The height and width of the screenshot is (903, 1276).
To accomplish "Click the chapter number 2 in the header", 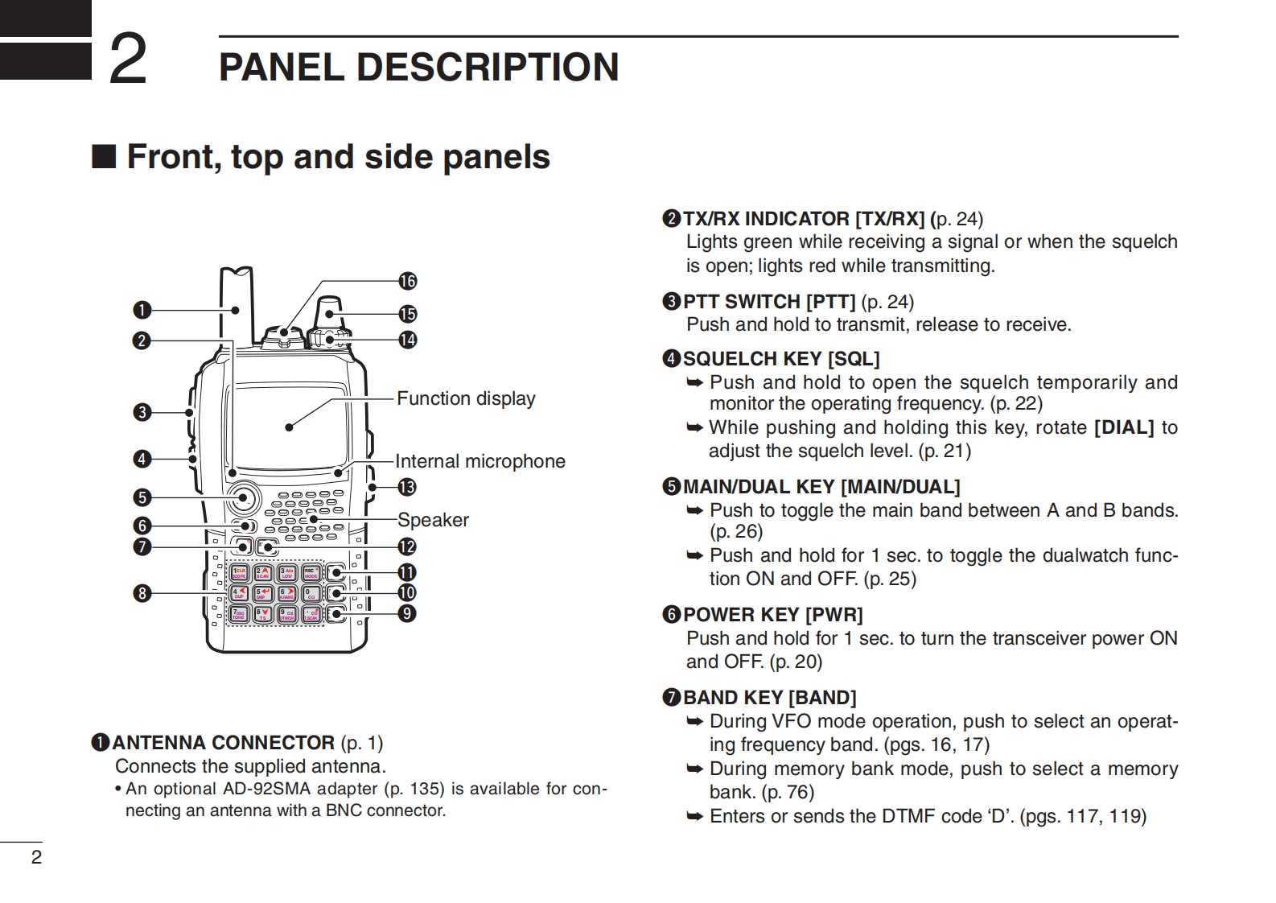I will point(128,60).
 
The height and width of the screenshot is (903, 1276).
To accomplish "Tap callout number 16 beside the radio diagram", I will point(408,281).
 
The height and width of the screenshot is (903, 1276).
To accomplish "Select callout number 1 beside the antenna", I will point(142,310).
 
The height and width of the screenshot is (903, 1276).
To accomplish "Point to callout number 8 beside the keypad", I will point(142,594).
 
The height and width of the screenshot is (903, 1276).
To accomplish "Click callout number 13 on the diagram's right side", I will point(407,487).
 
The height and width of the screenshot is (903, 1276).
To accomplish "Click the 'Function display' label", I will point(466,398).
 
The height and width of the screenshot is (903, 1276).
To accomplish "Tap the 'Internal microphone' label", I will point(480,461).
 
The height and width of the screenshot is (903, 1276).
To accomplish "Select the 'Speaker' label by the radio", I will point(433,520).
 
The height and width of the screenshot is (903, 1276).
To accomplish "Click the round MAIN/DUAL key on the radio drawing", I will point(242,498).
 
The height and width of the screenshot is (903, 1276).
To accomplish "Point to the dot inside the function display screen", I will point(289,427).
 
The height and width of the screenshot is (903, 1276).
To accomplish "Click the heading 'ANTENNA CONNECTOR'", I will point(223,742).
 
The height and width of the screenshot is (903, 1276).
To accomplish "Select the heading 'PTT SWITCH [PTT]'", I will point(769,302).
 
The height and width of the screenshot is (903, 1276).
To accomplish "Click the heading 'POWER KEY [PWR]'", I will point(772,615).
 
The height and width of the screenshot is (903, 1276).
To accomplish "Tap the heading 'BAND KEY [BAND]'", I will point(769,698).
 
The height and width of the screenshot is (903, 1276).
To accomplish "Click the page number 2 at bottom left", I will point(36,857).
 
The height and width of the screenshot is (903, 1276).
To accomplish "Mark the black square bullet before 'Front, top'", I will point(104,156).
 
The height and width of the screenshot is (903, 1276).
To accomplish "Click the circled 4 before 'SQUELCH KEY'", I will point(672,359).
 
